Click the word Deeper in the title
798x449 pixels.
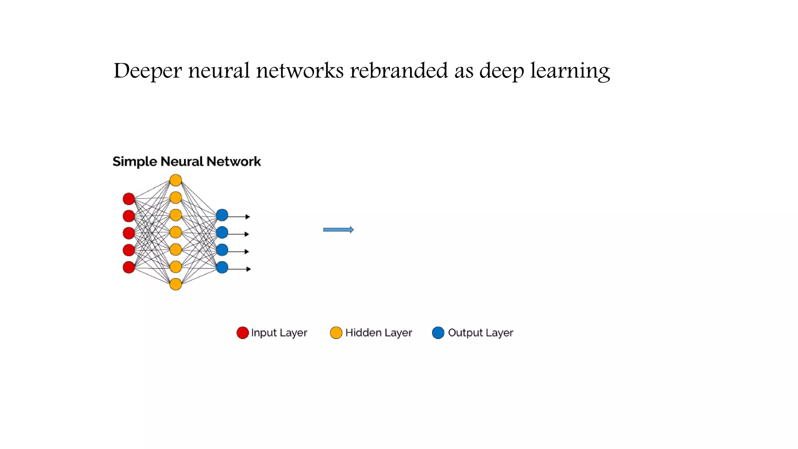pos(147,71)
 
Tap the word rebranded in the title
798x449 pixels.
pos(399,71)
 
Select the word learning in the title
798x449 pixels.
pos(570,71)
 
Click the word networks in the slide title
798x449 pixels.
pos(300,71)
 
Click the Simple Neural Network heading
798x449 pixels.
pos(187,161)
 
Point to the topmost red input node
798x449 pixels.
pos(129,199)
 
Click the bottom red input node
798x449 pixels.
pos(129,267)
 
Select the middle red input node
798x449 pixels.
pos(129,233)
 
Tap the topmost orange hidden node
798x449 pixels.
pos(176,180)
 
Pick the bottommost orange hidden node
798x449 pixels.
pos(176,284)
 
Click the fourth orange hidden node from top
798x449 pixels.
pos(176,232)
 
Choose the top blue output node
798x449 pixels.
pos(222,215)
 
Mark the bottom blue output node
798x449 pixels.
pos(222,267)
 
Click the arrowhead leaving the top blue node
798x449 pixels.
pos(248,217)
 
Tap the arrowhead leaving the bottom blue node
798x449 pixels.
pos(249,269)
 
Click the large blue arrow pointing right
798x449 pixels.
pos(338,230)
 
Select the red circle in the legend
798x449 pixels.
pos(242,333)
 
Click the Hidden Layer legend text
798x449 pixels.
pos(378,333)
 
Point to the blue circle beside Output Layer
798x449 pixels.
pos(438,333)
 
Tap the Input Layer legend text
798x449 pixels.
pos(279,333)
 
